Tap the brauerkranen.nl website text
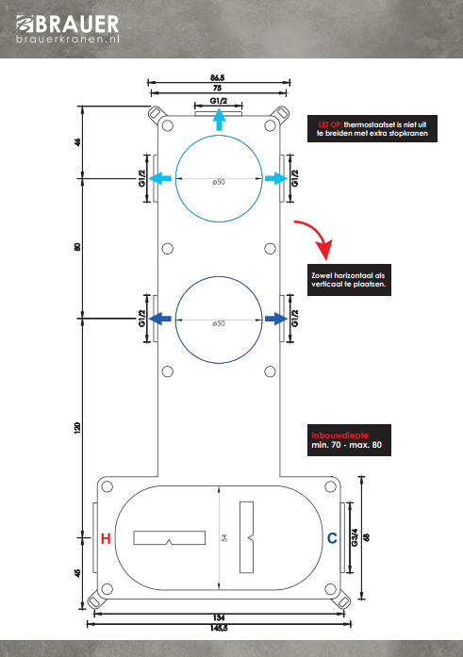click(68, 40)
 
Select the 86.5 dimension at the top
click(218, 78)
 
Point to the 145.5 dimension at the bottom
click(219, 628)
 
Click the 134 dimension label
click(219, 617)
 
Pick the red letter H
click(106, 538)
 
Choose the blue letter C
click(332, 538)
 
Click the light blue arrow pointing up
click(219, 120)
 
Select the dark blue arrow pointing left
click(160, 319)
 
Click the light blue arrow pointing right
click(276, 178)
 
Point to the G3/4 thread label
click(355, 537)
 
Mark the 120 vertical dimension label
click(77, 428)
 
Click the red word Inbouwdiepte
click(339, 435)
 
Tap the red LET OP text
click(330, 124)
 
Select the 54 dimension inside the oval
click(224, 537)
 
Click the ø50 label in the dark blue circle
click(219, 323)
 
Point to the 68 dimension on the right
click(367, 537)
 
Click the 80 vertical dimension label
click(77, 247)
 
